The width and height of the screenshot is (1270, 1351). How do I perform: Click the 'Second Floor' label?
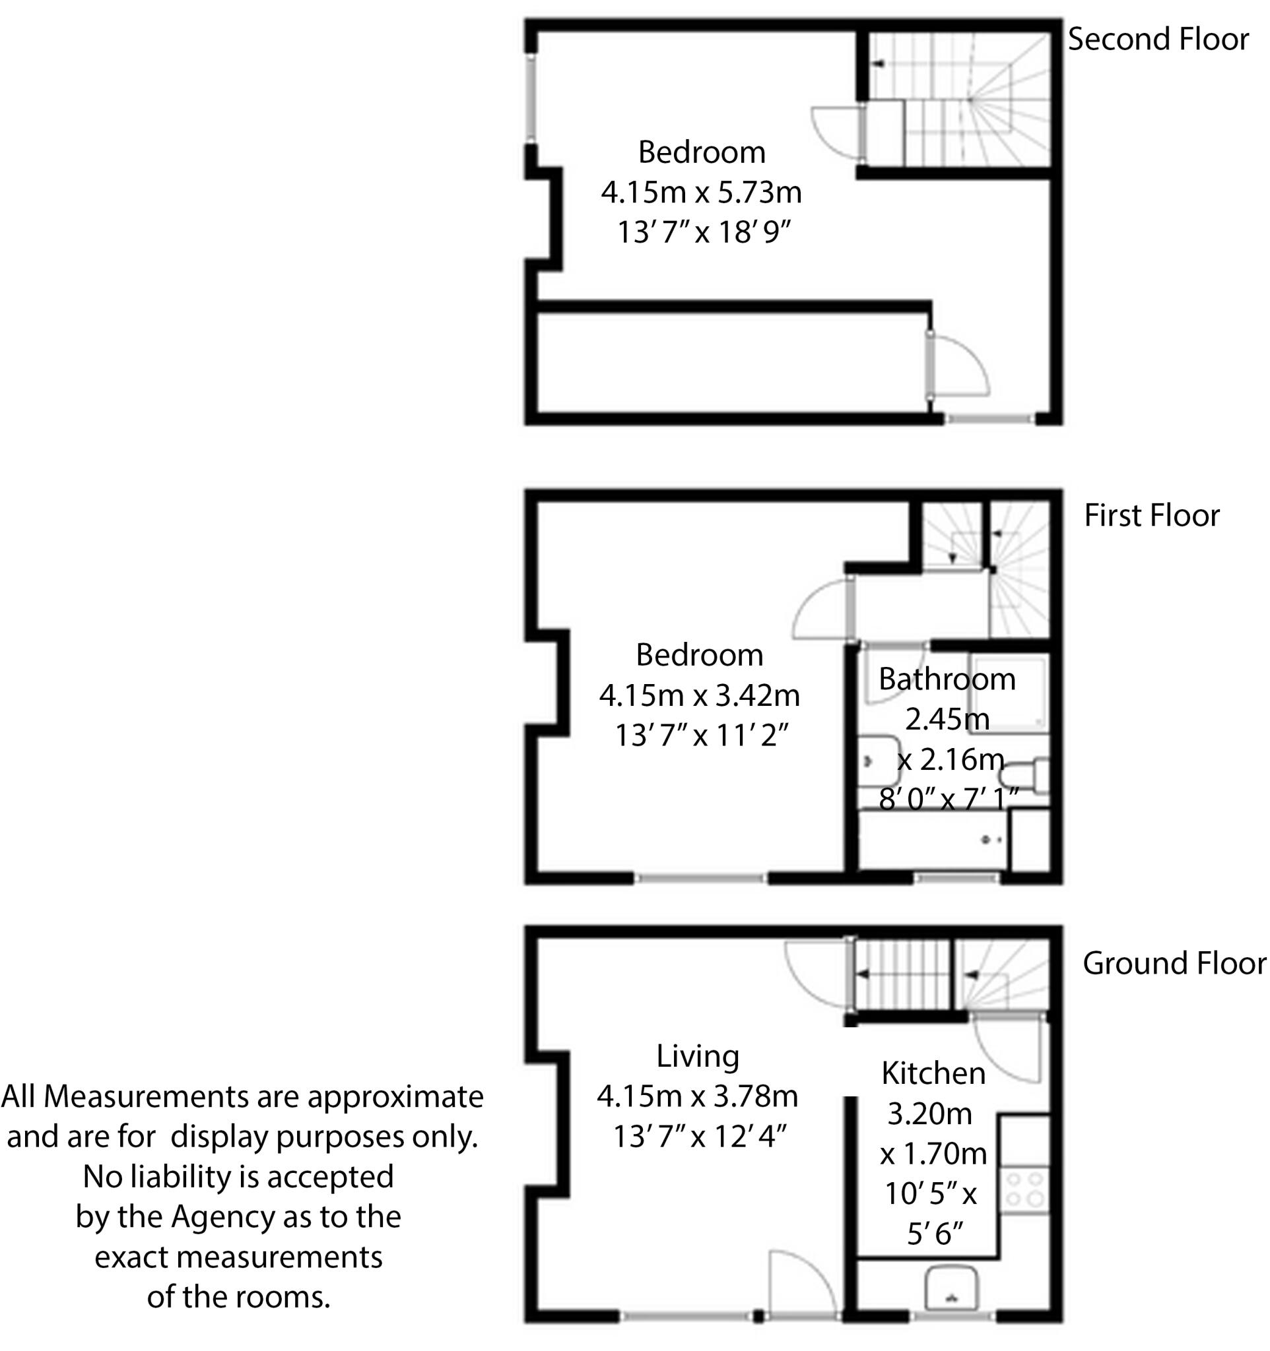pos(1158,40)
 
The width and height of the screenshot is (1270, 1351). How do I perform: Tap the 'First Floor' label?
pos(1151,516)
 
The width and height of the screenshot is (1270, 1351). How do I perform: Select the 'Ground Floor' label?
pos(1174,964)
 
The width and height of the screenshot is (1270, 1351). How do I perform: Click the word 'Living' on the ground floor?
pos(698,1056)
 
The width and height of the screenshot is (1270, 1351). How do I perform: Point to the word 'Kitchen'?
pos(933,1074)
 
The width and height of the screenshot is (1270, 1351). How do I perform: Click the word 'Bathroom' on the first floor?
pos(947,679)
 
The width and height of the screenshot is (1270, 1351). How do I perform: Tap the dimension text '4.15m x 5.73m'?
pos(701,193)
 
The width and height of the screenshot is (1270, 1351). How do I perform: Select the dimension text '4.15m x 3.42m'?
pos(699,695)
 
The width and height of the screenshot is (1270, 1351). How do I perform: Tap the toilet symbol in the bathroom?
pos(1026,776)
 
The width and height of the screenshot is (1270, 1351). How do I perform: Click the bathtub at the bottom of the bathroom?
pos(933,840)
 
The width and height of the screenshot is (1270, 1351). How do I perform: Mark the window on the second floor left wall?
pos(531,98)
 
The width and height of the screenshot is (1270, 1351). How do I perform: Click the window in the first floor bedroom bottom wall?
pos(701,879)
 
